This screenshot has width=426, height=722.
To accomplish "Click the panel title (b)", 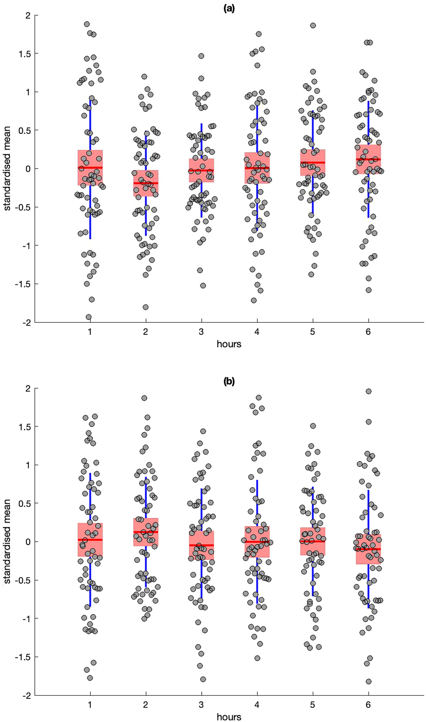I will (x=229, y=381).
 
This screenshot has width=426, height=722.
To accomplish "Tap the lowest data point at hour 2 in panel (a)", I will (x=145, y=307).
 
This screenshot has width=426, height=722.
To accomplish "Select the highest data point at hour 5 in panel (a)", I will (x=313, y=25).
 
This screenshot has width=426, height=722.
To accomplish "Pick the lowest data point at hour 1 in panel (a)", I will (x=88, y=317).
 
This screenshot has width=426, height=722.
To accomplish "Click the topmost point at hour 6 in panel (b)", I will (x=368, y=391).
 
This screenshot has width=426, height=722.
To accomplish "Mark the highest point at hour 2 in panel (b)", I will (x=144, y=398).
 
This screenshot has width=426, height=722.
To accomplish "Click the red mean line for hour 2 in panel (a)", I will (x=146, y=183).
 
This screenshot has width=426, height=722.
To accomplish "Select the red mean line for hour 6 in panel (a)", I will (x=368, y=159).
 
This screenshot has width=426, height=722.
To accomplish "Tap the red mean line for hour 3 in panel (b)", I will (x=201, y=545).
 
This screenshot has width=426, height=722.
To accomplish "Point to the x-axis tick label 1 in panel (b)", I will (x=90, y=704).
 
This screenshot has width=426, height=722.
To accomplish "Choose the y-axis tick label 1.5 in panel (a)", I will (x=24, y=53).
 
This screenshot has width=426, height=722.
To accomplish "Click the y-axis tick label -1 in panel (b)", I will (x=27, y=618).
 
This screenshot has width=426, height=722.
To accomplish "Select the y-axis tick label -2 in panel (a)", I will (x=27, y=322).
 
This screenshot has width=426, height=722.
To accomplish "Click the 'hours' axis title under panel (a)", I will (x=229, y=344).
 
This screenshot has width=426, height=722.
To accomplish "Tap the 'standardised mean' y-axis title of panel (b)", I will (x=7, y=542).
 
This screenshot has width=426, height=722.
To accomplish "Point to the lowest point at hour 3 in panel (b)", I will (x=203, y=679).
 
